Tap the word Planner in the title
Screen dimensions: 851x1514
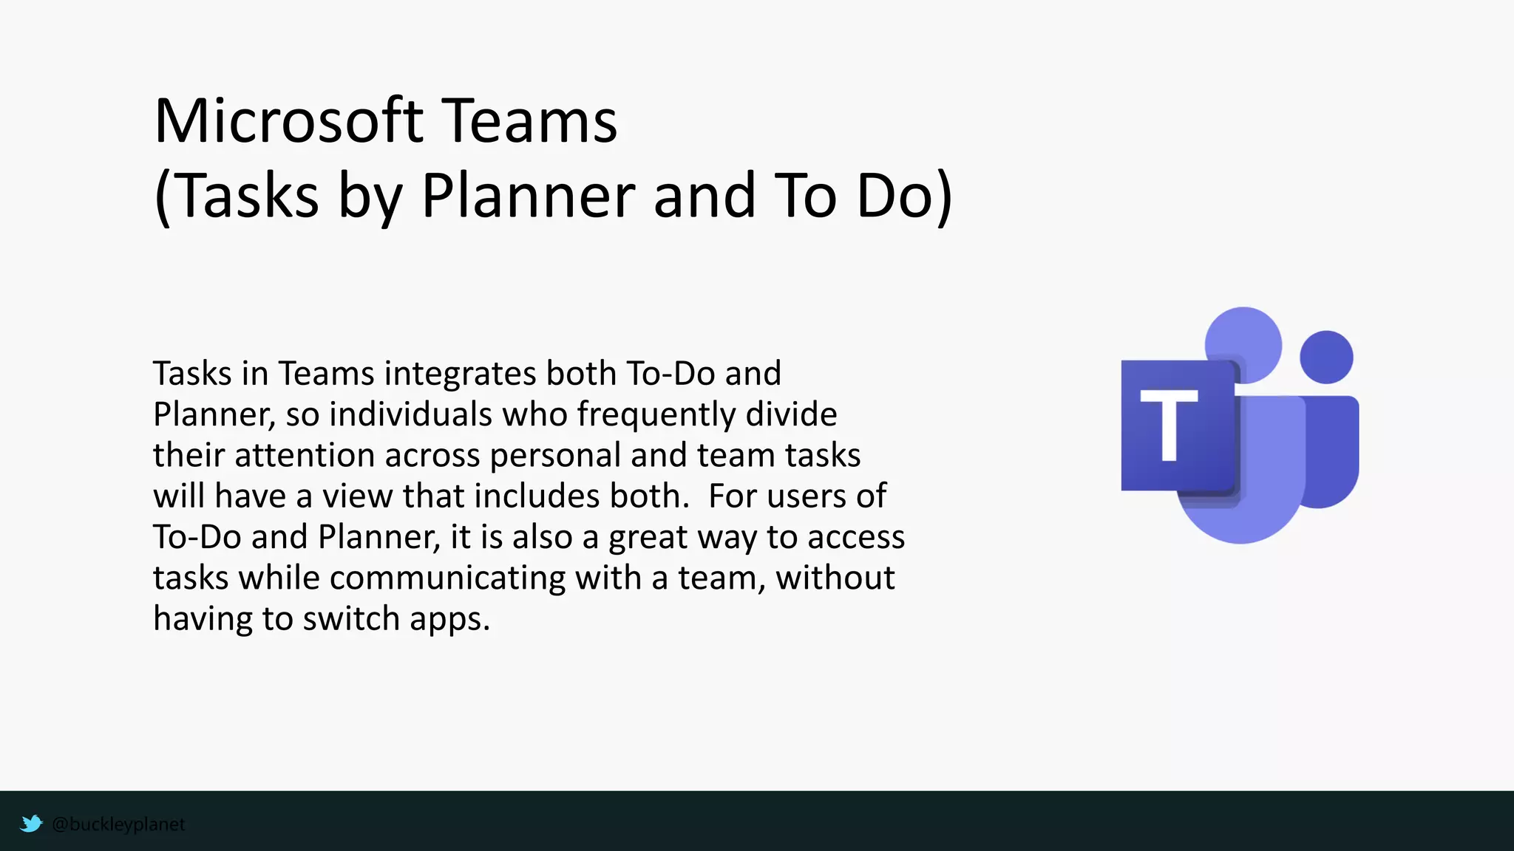click(x=528, y=196)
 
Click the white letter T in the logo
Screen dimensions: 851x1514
click(x=1168, y=424)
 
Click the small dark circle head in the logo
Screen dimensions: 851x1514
click(x=1326, y=358)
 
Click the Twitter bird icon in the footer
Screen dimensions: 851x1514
click(x=31, y=823)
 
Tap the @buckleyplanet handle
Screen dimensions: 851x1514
click(x=118, y=824)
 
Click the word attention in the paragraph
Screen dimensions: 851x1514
click(x=305, y=455)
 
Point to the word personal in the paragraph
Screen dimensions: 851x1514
click(x=554, y=455)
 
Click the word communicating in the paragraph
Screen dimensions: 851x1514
click(x=447, y=578)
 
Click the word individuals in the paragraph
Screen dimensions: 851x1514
click(x=410, y=414)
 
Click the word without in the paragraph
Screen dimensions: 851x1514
click(x=835, y=578)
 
